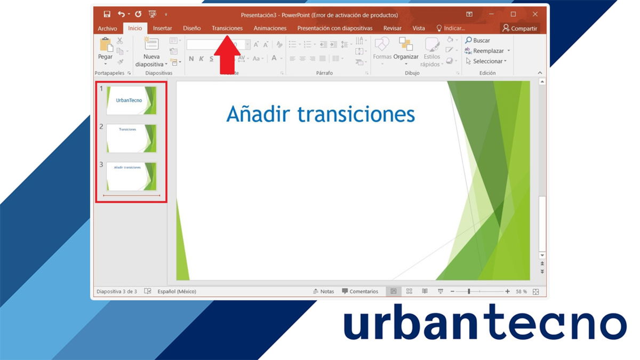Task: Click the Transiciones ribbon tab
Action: (x=227, y=28)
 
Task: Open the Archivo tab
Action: (x=107, y=28)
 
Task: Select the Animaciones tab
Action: (x=270, y=28)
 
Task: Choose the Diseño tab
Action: (x=191, y=28)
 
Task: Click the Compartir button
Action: (x=519, y=28)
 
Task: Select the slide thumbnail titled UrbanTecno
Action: (x=131, y=100)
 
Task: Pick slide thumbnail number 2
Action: (x=131, y=138)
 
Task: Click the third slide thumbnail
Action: (x=131, y=176)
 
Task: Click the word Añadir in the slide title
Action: (x=258, y=114)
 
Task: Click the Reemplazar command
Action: (x=487, y=51)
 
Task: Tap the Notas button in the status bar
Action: (x=323, y=291)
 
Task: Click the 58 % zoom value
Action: (x=521, y=292)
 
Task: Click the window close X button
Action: (x=535, y=14)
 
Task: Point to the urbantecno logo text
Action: (x=484, y=325)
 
